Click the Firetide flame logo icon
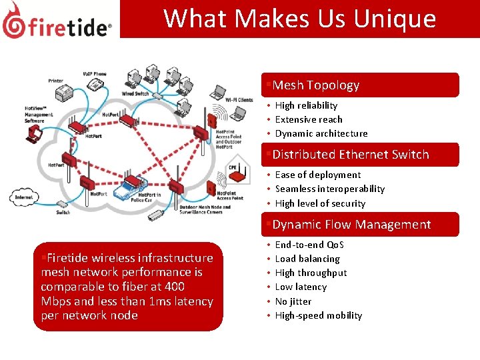[14, 20]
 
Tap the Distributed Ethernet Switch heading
[351, 155]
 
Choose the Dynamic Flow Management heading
[351, 225]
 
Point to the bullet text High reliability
[306, 105]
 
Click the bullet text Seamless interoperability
[329, 189]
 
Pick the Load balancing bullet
[307, 259]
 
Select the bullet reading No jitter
[293, 301]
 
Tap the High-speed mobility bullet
[318, 315]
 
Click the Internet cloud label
[25, 197]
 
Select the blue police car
[129, 193]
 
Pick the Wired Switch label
[135, 94]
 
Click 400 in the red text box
[173, 287]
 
